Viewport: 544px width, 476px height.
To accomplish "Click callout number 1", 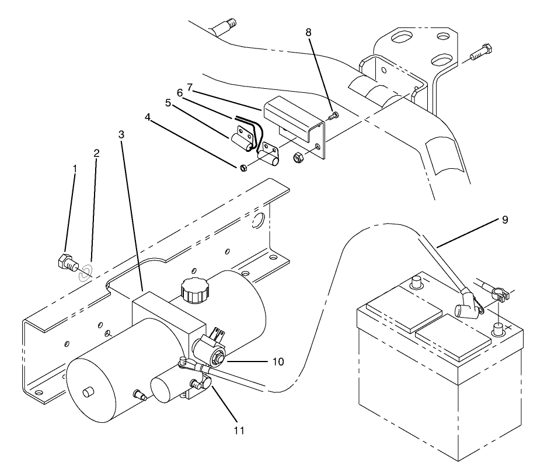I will click(75, 168).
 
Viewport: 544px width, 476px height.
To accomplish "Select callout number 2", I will click(96, 154).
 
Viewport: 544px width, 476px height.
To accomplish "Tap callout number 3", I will click(121, 134).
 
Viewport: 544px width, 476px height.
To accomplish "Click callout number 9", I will click(505, 220).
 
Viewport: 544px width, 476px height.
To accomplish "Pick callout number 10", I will click(277, 362).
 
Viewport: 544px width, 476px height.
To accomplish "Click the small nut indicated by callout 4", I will click(244, 168).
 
